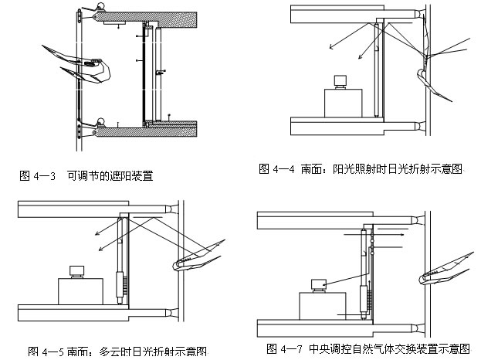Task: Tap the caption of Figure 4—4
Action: (x=363, y=168)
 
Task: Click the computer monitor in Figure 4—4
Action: (x=337, y=82)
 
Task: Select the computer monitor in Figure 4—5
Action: (x=76, y=272)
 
